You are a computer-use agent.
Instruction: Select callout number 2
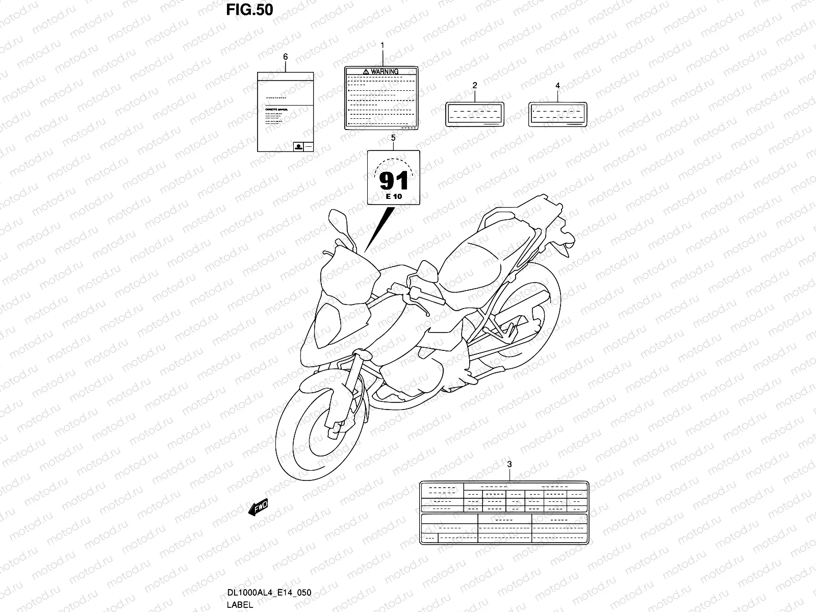point(475,85)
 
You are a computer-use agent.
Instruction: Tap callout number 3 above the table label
point(509,464)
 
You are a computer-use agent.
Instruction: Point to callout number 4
point(557,85)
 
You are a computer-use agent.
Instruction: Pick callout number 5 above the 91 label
point(393,138)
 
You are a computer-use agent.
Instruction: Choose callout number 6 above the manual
point(285,57)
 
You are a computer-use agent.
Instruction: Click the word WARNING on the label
point(385,71)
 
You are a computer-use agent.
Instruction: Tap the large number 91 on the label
point(393,180)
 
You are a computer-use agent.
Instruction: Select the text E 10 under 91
point(393,196)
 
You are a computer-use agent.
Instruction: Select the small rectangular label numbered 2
point(475,114)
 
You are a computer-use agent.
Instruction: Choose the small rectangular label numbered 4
point(557,114)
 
